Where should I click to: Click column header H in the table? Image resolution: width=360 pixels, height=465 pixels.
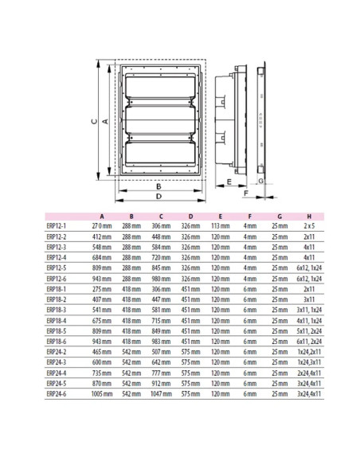(x=308, y=216)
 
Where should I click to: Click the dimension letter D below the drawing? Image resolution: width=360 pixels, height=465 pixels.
(x=159, y=195)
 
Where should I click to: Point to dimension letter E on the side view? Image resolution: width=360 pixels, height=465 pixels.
(x=229, y=182)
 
